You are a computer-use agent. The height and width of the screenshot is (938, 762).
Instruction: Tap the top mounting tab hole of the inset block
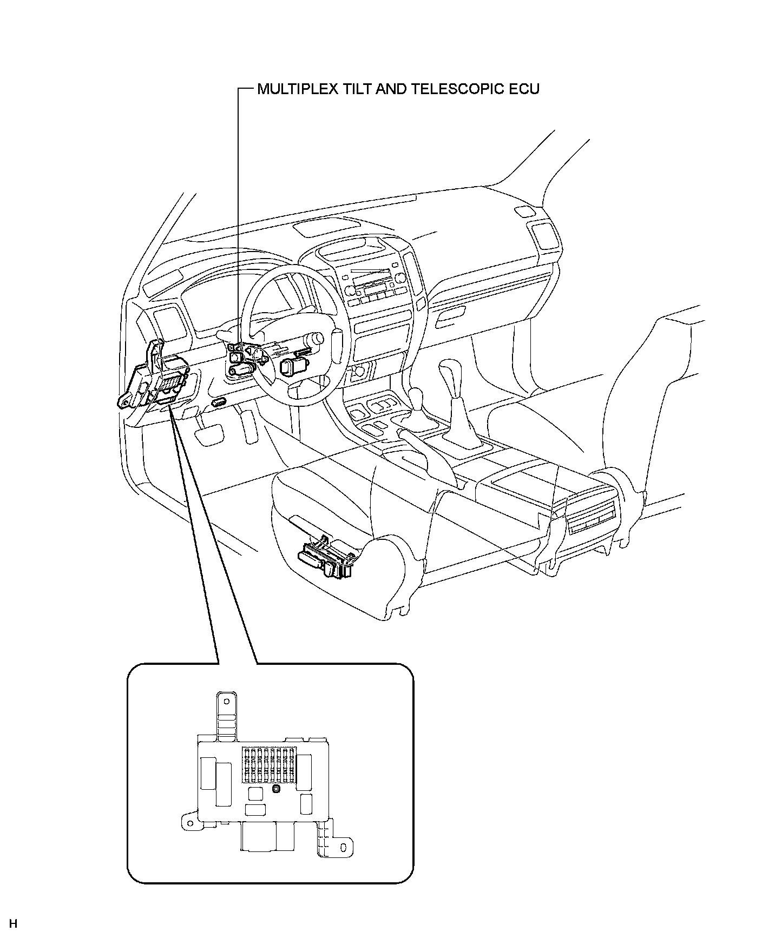(x=225, y=702)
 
